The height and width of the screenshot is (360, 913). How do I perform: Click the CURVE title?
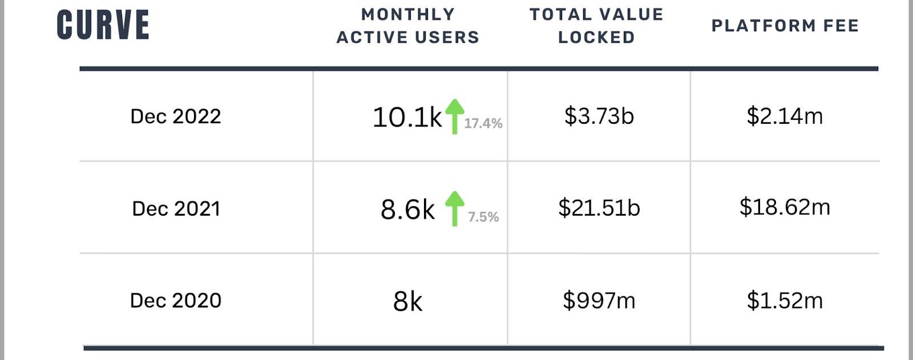[103, 26]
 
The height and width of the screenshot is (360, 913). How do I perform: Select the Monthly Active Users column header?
[408, 26]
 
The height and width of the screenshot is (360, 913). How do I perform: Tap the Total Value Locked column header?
[596, 26]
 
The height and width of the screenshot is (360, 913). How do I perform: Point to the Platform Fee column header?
[785, 26]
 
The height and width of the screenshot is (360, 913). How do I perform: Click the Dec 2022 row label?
[176, 116]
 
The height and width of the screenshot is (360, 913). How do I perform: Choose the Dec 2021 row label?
[176, 208]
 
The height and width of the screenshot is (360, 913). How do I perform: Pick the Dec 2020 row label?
[176, 300]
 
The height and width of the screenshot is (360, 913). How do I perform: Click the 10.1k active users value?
[407, 118]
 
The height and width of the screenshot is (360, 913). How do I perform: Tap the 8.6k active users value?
[407, 209]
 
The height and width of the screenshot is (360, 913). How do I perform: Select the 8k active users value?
[407, 301]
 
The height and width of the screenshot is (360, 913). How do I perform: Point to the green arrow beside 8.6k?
[454, 208]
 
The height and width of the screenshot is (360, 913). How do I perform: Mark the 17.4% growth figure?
[483, 123]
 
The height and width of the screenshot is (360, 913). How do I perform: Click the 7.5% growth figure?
[483, 217]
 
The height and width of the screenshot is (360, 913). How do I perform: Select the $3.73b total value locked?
[599, 116]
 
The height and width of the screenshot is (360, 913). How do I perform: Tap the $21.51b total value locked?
[599, 208]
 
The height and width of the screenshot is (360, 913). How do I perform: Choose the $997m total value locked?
[599, 300]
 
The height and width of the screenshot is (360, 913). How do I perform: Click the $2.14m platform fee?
[785, 116]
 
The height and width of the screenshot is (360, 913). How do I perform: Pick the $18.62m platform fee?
[785, 207]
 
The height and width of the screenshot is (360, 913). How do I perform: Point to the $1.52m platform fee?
[785, 300]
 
